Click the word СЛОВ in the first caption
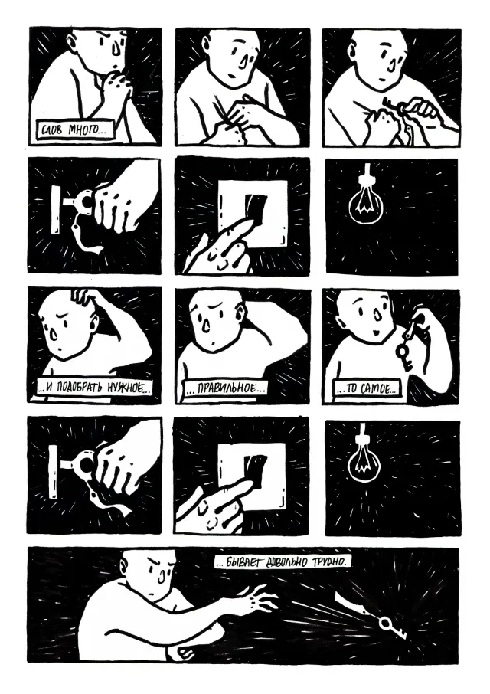[51, 130]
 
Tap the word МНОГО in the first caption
[84, 130]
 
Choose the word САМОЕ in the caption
[377, 389]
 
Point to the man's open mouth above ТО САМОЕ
[374, 332]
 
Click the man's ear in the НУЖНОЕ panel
[93, 319]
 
